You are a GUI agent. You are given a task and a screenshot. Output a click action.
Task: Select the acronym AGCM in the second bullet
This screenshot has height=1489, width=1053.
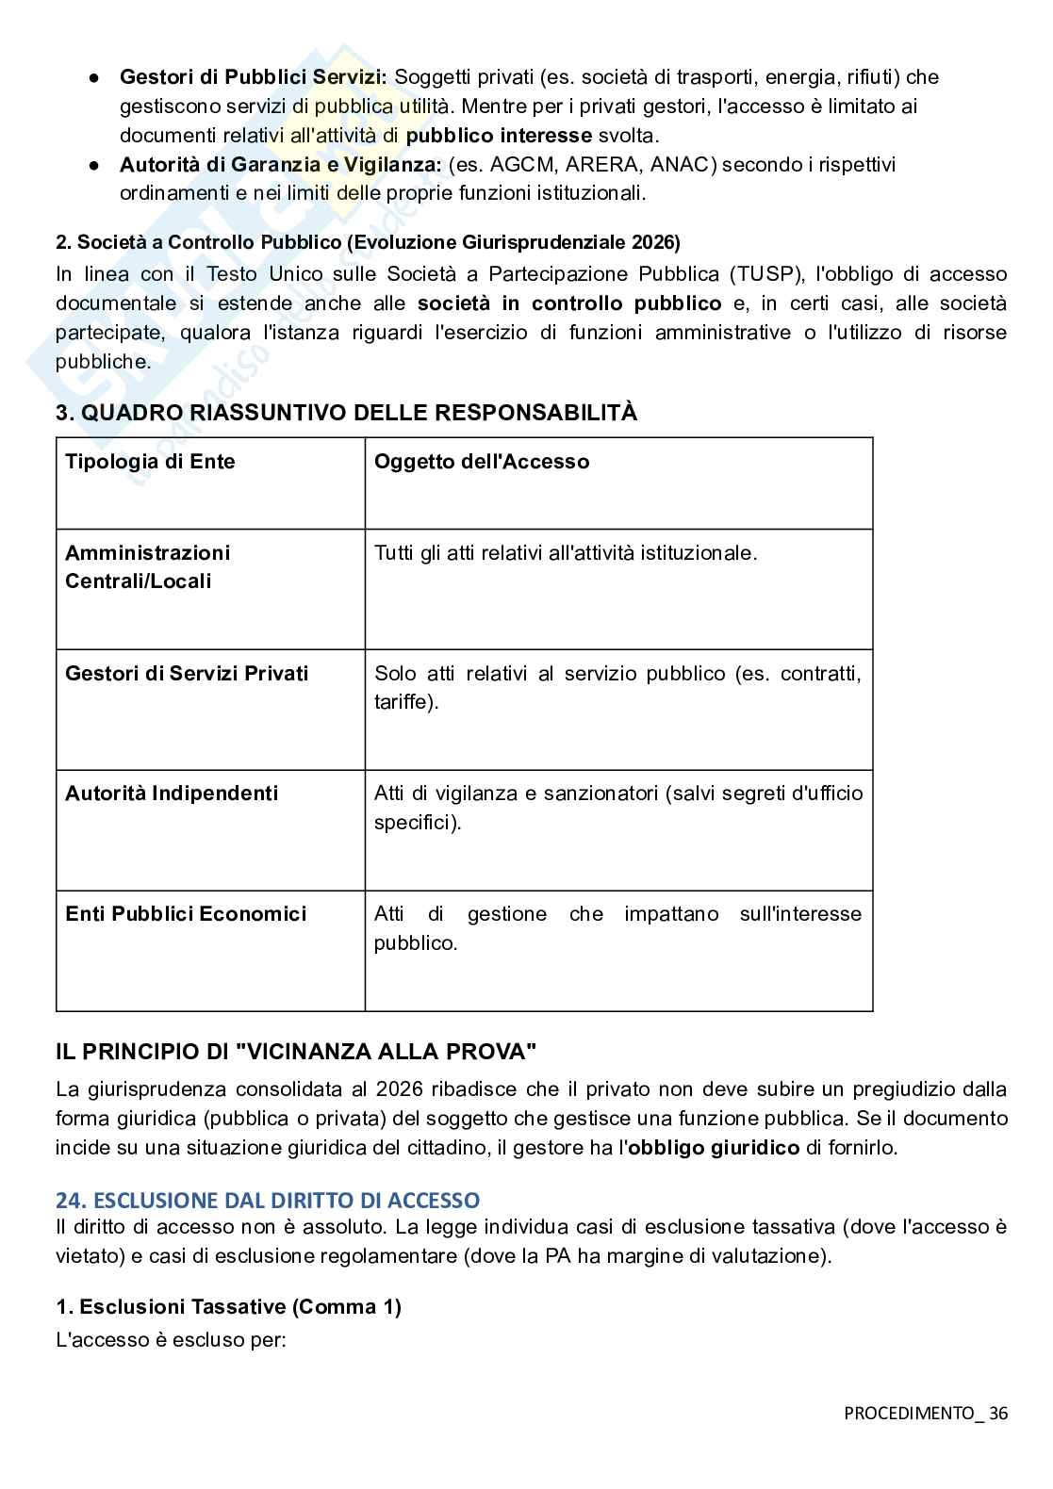522,165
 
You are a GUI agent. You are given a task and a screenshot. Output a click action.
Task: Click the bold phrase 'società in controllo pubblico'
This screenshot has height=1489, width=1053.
568,303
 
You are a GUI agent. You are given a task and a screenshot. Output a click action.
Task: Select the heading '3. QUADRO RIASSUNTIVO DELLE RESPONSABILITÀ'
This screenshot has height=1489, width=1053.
346,413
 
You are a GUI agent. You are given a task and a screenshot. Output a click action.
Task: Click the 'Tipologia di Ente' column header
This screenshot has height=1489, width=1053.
150,462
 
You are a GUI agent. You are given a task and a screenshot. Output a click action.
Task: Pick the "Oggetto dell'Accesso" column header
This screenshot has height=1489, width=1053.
482,462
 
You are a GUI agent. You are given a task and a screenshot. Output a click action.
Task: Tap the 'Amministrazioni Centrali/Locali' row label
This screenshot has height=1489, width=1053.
147,566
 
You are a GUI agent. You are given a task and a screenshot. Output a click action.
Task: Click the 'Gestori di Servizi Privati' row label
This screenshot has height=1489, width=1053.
187,674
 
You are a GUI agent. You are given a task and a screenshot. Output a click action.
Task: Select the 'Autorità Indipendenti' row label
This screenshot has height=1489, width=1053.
172,794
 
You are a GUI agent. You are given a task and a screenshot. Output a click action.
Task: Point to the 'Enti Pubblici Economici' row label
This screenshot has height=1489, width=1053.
186,914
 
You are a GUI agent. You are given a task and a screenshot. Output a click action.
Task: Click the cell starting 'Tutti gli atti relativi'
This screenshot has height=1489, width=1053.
566,553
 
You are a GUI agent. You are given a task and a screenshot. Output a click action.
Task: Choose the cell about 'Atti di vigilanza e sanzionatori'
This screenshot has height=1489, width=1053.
617,807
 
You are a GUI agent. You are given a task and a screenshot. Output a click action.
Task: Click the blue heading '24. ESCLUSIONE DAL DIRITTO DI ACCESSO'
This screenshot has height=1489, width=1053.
268,1201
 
